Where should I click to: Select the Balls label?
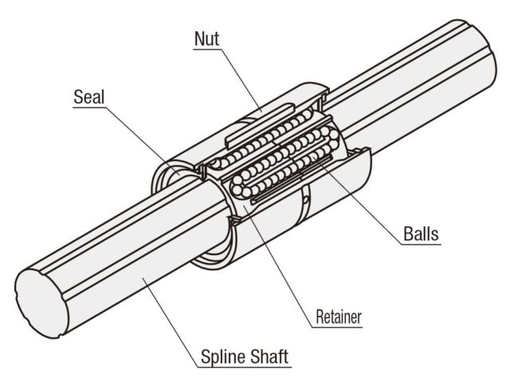[419, 235]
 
